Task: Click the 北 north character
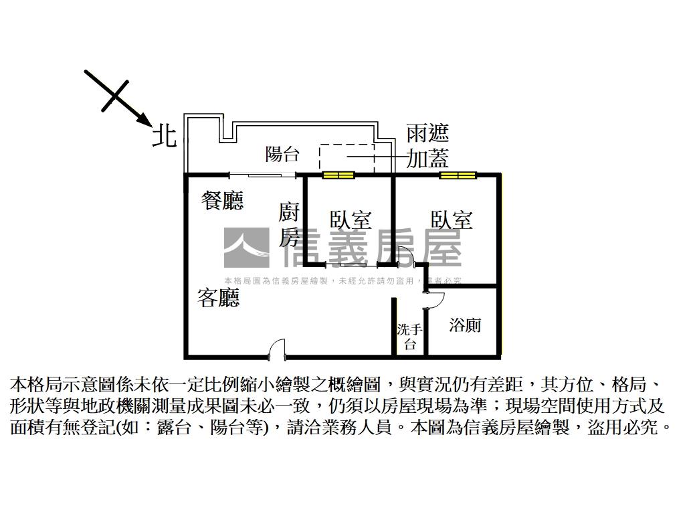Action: click(x=165, y=136)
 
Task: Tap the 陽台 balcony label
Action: click(x=282, y=155)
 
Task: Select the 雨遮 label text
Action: click(x=427, y=133)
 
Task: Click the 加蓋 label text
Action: click(x=427, y=158)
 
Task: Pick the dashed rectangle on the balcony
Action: click(x=347, y=158)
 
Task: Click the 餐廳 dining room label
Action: click(x=223, y=200)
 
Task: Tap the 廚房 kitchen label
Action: click(x=290, y=226)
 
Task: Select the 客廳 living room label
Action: click(x=218, y=298)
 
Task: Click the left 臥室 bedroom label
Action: click(x=351, y=220)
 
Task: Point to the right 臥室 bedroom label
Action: click(x=452, y=220)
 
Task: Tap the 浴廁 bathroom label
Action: click(x=465, y=325)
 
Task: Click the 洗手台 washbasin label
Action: click(x=409, y=337)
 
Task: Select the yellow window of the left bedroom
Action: click(x=338, y=175)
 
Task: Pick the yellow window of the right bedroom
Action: click(x=458, y=175)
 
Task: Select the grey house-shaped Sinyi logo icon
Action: click(x=246, y=247)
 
